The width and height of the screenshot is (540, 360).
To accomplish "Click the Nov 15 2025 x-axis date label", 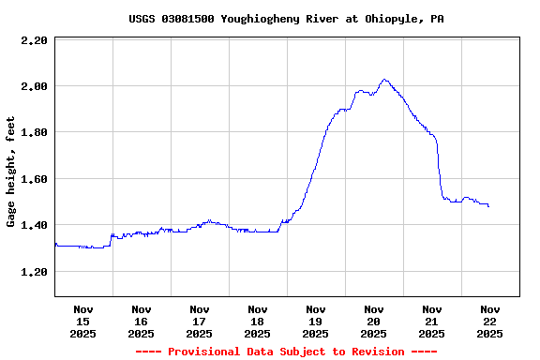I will tap(83, 321).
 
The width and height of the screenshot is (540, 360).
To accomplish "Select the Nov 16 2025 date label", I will tap(142, 321).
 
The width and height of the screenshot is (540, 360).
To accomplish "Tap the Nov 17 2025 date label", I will tap(200, 321).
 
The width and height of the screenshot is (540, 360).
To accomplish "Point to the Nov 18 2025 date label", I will tap(258, 321).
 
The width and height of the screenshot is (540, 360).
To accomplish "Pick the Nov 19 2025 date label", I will tap(316, 321).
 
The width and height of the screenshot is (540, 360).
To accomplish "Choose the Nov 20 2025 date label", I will tap(374, 321).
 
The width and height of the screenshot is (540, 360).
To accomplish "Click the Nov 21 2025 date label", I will tap(432, 321).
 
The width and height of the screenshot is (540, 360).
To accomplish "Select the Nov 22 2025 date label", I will tap(490, 321).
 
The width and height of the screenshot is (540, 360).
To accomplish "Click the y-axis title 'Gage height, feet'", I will tap(11, 172).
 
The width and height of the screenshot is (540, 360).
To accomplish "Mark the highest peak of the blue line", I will tap(384, 80).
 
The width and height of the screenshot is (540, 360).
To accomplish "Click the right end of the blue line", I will tap(488, 206).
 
